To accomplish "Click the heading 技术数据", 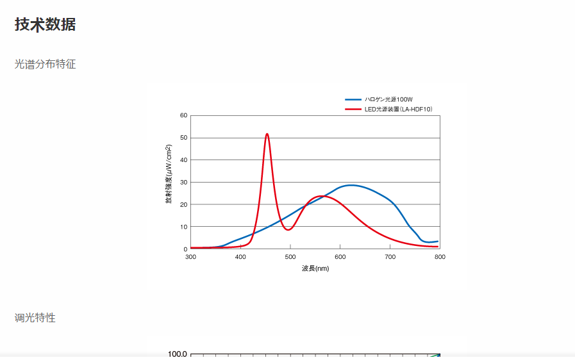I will click(45, 25).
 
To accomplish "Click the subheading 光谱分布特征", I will click(46, 64).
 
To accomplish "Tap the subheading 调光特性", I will click(35, 318).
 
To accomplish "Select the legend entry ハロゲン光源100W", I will click(388, 99).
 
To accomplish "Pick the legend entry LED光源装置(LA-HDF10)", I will click(398, 110).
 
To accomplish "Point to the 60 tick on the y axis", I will click(183, 116).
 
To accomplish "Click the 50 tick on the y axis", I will click(183, 138).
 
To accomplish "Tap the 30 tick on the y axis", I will click(183, 183).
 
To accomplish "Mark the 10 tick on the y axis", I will click(183, 227).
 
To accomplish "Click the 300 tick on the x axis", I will click(190, 257).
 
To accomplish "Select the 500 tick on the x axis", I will click(290, 257).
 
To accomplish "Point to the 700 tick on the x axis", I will click(390, 257).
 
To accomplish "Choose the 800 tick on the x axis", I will click(440, 257).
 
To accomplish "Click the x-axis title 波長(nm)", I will click(315, 268).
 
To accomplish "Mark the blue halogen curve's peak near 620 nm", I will click(351, 185).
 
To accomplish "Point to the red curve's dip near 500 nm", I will click(288, 229).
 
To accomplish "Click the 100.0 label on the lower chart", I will click(177, 354).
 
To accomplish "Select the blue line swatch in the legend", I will click(353, 99).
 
